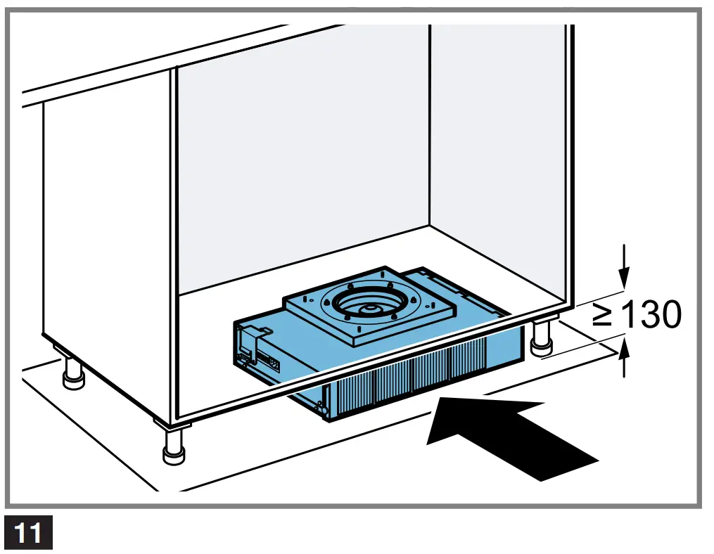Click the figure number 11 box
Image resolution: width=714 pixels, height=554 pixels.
coord(29,534)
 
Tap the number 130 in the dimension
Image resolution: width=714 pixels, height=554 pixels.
coord(651,316)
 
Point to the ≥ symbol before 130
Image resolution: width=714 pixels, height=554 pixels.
coord(603,316)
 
